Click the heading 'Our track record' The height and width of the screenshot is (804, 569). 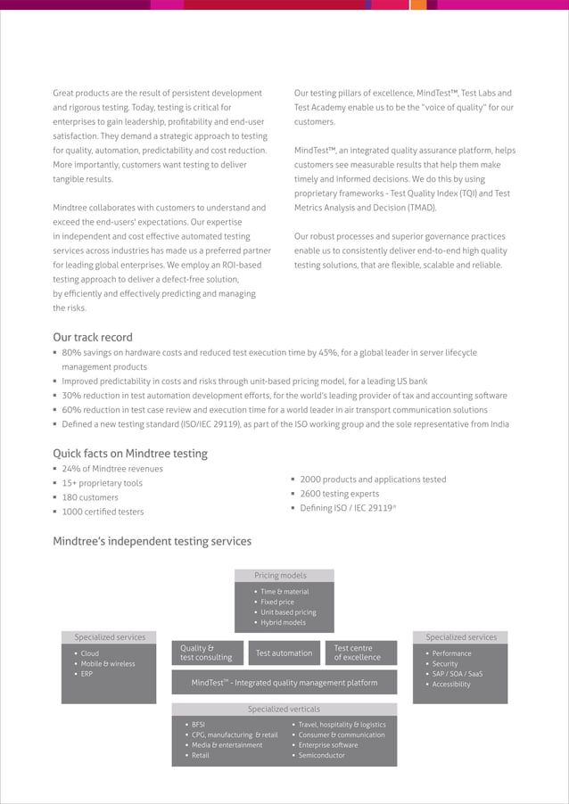pyautogui.click(x=93, y=337)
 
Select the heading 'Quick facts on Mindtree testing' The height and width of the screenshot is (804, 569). pyautogui.click(x=130, y=453)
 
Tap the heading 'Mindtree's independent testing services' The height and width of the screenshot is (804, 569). pyautogui.click(x=152, y=541)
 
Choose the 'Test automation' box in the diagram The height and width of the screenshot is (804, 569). pyautogui.click(x=284, y=653)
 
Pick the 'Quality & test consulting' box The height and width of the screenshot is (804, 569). pyautogui.click(x=206, y=653)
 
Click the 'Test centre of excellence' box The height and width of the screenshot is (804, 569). pyautogui.click(x=357, y=653)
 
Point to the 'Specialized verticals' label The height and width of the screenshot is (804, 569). pyautogui.click(x=284, y=710)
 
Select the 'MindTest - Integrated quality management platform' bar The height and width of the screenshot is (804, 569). pyautogui.click(x=284, y=683)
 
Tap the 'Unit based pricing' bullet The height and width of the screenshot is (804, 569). pyautogui.click(x=288, y=612)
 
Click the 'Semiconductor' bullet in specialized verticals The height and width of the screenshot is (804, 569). pyautogui.click(x=321, y=756)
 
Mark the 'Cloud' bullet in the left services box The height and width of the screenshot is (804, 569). pyautogui.click(x=90, y=653)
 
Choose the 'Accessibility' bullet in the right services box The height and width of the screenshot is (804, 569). pyautogui.click(x=450, y=685)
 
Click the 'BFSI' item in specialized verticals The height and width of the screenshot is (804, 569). pyautogui.click(x=198, y=725)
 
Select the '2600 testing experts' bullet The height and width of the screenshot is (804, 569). pyautogui.click(x=339, y=494)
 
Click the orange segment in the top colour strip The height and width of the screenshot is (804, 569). pyautogui.click(x=417, y=4)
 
